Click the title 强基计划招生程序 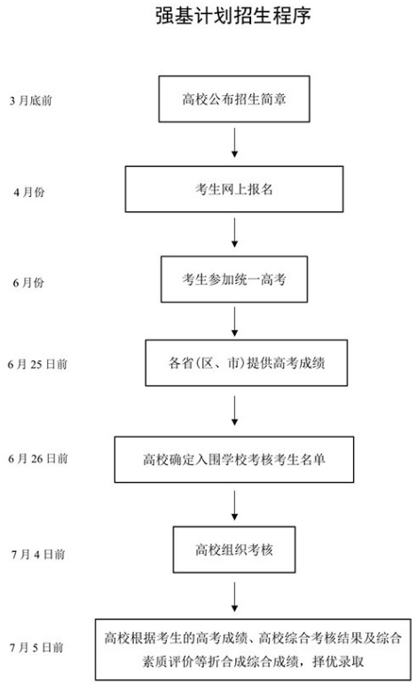(x=233, y=16)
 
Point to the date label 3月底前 (x=31, y=101)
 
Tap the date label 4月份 (x=29, y=192)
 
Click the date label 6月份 (x=28, y=282)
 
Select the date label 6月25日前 (x=37, y=364)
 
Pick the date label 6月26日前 (x=38, y=459)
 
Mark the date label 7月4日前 (x=38, y=555)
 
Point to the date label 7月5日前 (x=36, y=648)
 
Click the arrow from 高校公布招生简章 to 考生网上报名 (x=234, y=143)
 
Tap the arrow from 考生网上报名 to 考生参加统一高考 (x=234, y=233)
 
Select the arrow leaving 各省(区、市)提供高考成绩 (x=234, y=411)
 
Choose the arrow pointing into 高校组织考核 (x=234, y=506)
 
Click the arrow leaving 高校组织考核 (x=234, y=596)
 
